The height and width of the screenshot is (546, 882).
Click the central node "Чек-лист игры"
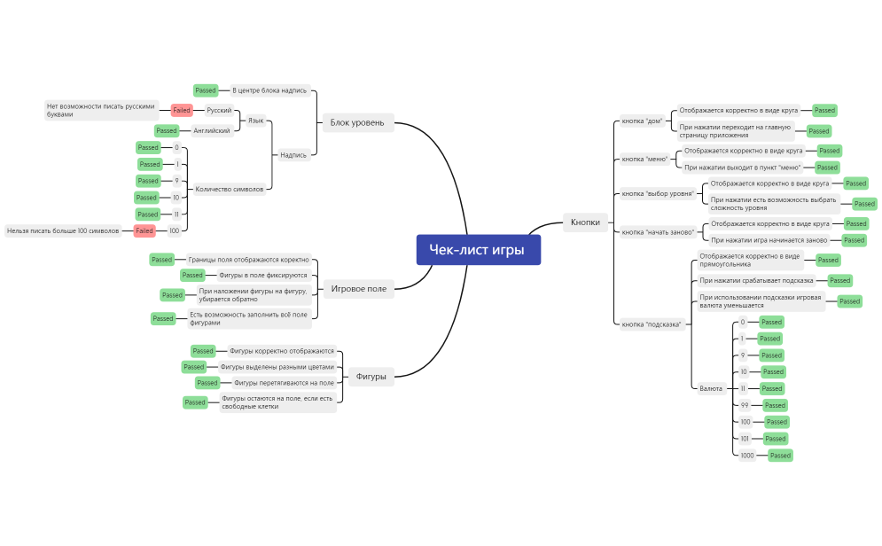click(x=478, y=250)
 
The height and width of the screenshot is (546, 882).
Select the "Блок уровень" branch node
click(x=356, y=122)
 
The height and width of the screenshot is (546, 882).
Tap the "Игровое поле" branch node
click(x=359, y=288)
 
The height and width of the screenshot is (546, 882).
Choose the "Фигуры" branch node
click(x=371, y=376)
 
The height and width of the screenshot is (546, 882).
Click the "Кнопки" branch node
click(x=585, y=222)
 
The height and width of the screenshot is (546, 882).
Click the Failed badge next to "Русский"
click(x=182, y=110)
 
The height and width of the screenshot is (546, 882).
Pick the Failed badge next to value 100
click(x=144, y=230)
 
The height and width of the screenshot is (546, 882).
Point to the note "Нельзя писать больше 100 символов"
click(x=63, y=230)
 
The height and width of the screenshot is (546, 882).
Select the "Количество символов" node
click(x=229, y=189)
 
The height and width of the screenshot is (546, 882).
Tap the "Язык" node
click(x=255, y=120)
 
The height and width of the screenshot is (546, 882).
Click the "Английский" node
click(x=213, y=130)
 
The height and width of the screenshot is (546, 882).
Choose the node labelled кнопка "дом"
click(x=642, y=121)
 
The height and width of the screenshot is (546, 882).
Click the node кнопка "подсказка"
click(x=652, y=324)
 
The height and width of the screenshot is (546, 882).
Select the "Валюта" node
click(x=710, y=388)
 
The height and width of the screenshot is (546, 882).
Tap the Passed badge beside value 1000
click(x=780, y=455)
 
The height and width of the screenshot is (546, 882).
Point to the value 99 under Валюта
click(x=745, y=405)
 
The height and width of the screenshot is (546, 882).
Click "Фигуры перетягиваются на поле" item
click(x=284, y=383)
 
